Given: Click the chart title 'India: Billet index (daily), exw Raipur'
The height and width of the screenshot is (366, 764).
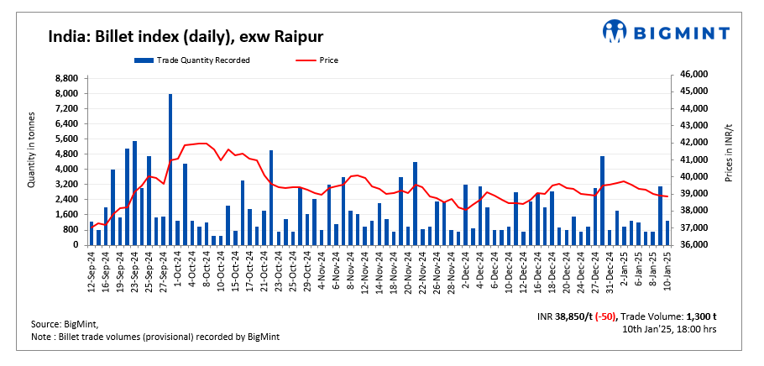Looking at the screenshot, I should [186, 37].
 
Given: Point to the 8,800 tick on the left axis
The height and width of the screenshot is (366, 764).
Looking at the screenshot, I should [67, 78].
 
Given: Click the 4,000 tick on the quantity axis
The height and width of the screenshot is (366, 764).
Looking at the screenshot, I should [67, 170].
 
